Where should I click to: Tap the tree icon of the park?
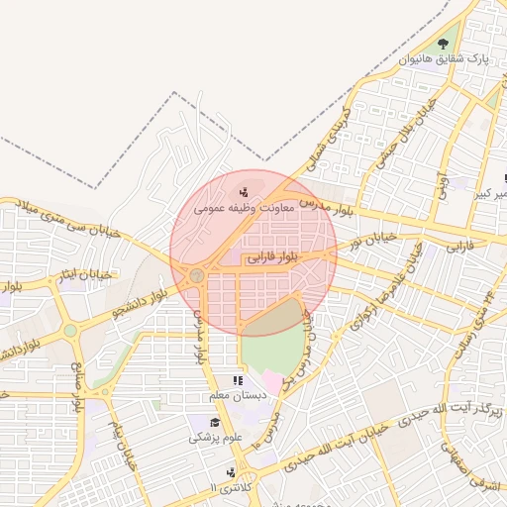442,44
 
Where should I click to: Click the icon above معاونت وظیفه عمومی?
244,191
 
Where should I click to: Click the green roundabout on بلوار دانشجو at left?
70,331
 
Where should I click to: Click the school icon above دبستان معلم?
237,380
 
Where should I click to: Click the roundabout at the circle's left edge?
197,274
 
